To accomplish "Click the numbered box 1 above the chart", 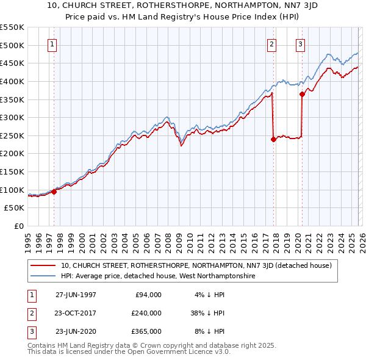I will [52, 44].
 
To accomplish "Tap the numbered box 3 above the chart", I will [301, 44].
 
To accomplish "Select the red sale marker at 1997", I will [54, 192].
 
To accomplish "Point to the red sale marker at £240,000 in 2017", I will [273, 139].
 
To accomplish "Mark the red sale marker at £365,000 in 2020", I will [302, 94].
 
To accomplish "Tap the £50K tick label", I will [15, 208].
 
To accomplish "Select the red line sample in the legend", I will [43, 265].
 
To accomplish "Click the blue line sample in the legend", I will [43, 276].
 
